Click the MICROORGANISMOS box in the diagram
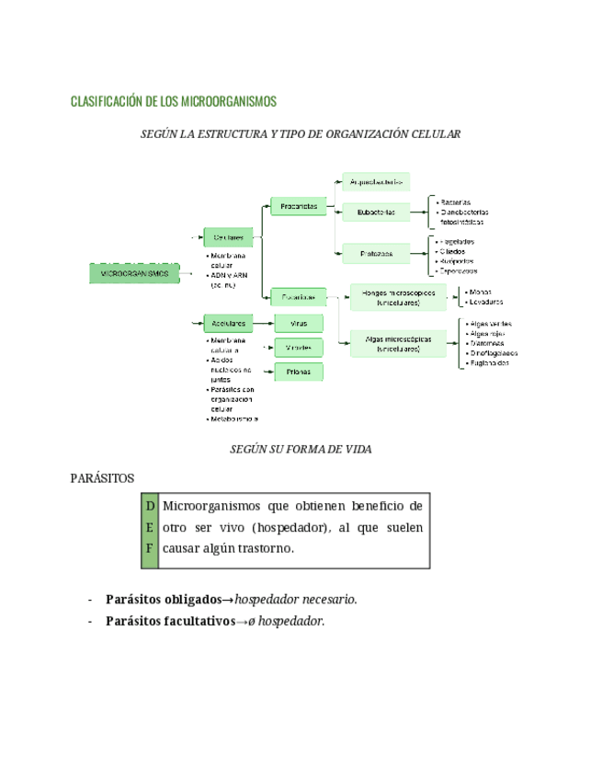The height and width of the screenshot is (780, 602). pos(134,274)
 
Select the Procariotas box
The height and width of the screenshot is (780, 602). pos(300,207)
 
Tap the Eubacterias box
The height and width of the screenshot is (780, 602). pos(376,212)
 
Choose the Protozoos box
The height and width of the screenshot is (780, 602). pos(376,253)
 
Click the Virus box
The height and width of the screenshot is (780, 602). pos(299,324)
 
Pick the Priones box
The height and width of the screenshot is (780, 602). pos(299,372)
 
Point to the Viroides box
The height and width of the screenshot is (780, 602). pos(299,348)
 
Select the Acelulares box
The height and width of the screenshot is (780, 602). pos(229,324)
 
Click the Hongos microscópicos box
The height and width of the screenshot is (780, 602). pos(398,296)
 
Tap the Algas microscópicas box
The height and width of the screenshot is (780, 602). pos(398,343)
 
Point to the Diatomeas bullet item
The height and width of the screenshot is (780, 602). pos(490,343)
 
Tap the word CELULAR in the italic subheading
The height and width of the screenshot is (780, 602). pos(435,134)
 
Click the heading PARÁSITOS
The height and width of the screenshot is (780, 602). pos(102,478)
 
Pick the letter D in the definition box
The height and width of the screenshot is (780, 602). pos(147,506)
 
